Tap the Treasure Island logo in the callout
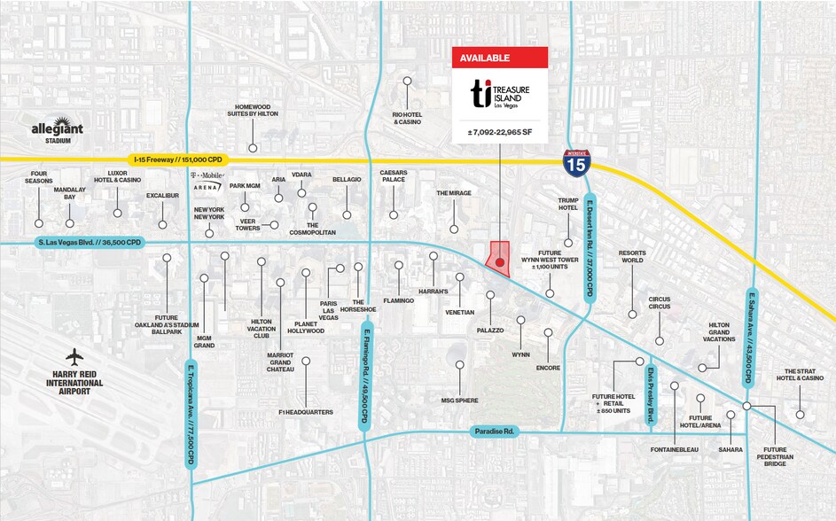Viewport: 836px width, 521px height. click(500, 94)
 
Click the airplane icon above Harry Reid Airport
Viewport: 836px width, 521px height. click(74, 356)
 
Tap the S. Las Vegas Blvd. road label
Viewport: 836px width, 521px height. click(88, 242)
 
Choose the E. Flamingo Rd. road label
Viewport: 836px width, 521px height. click(364, 376)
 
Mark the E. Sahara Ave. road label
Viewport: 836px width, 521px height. click(750, 338)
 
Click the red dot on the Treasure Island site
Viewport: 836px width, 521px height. click(500, 262)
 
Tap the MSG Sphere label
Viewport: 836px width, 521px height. click(459, 400)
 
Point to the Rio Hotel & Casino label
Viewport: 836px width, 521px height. click(407, 118)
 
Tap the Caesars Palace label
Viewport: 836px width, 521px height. click(393, 176)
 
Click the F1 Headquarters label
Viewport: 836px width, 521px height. click(305, 412)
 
